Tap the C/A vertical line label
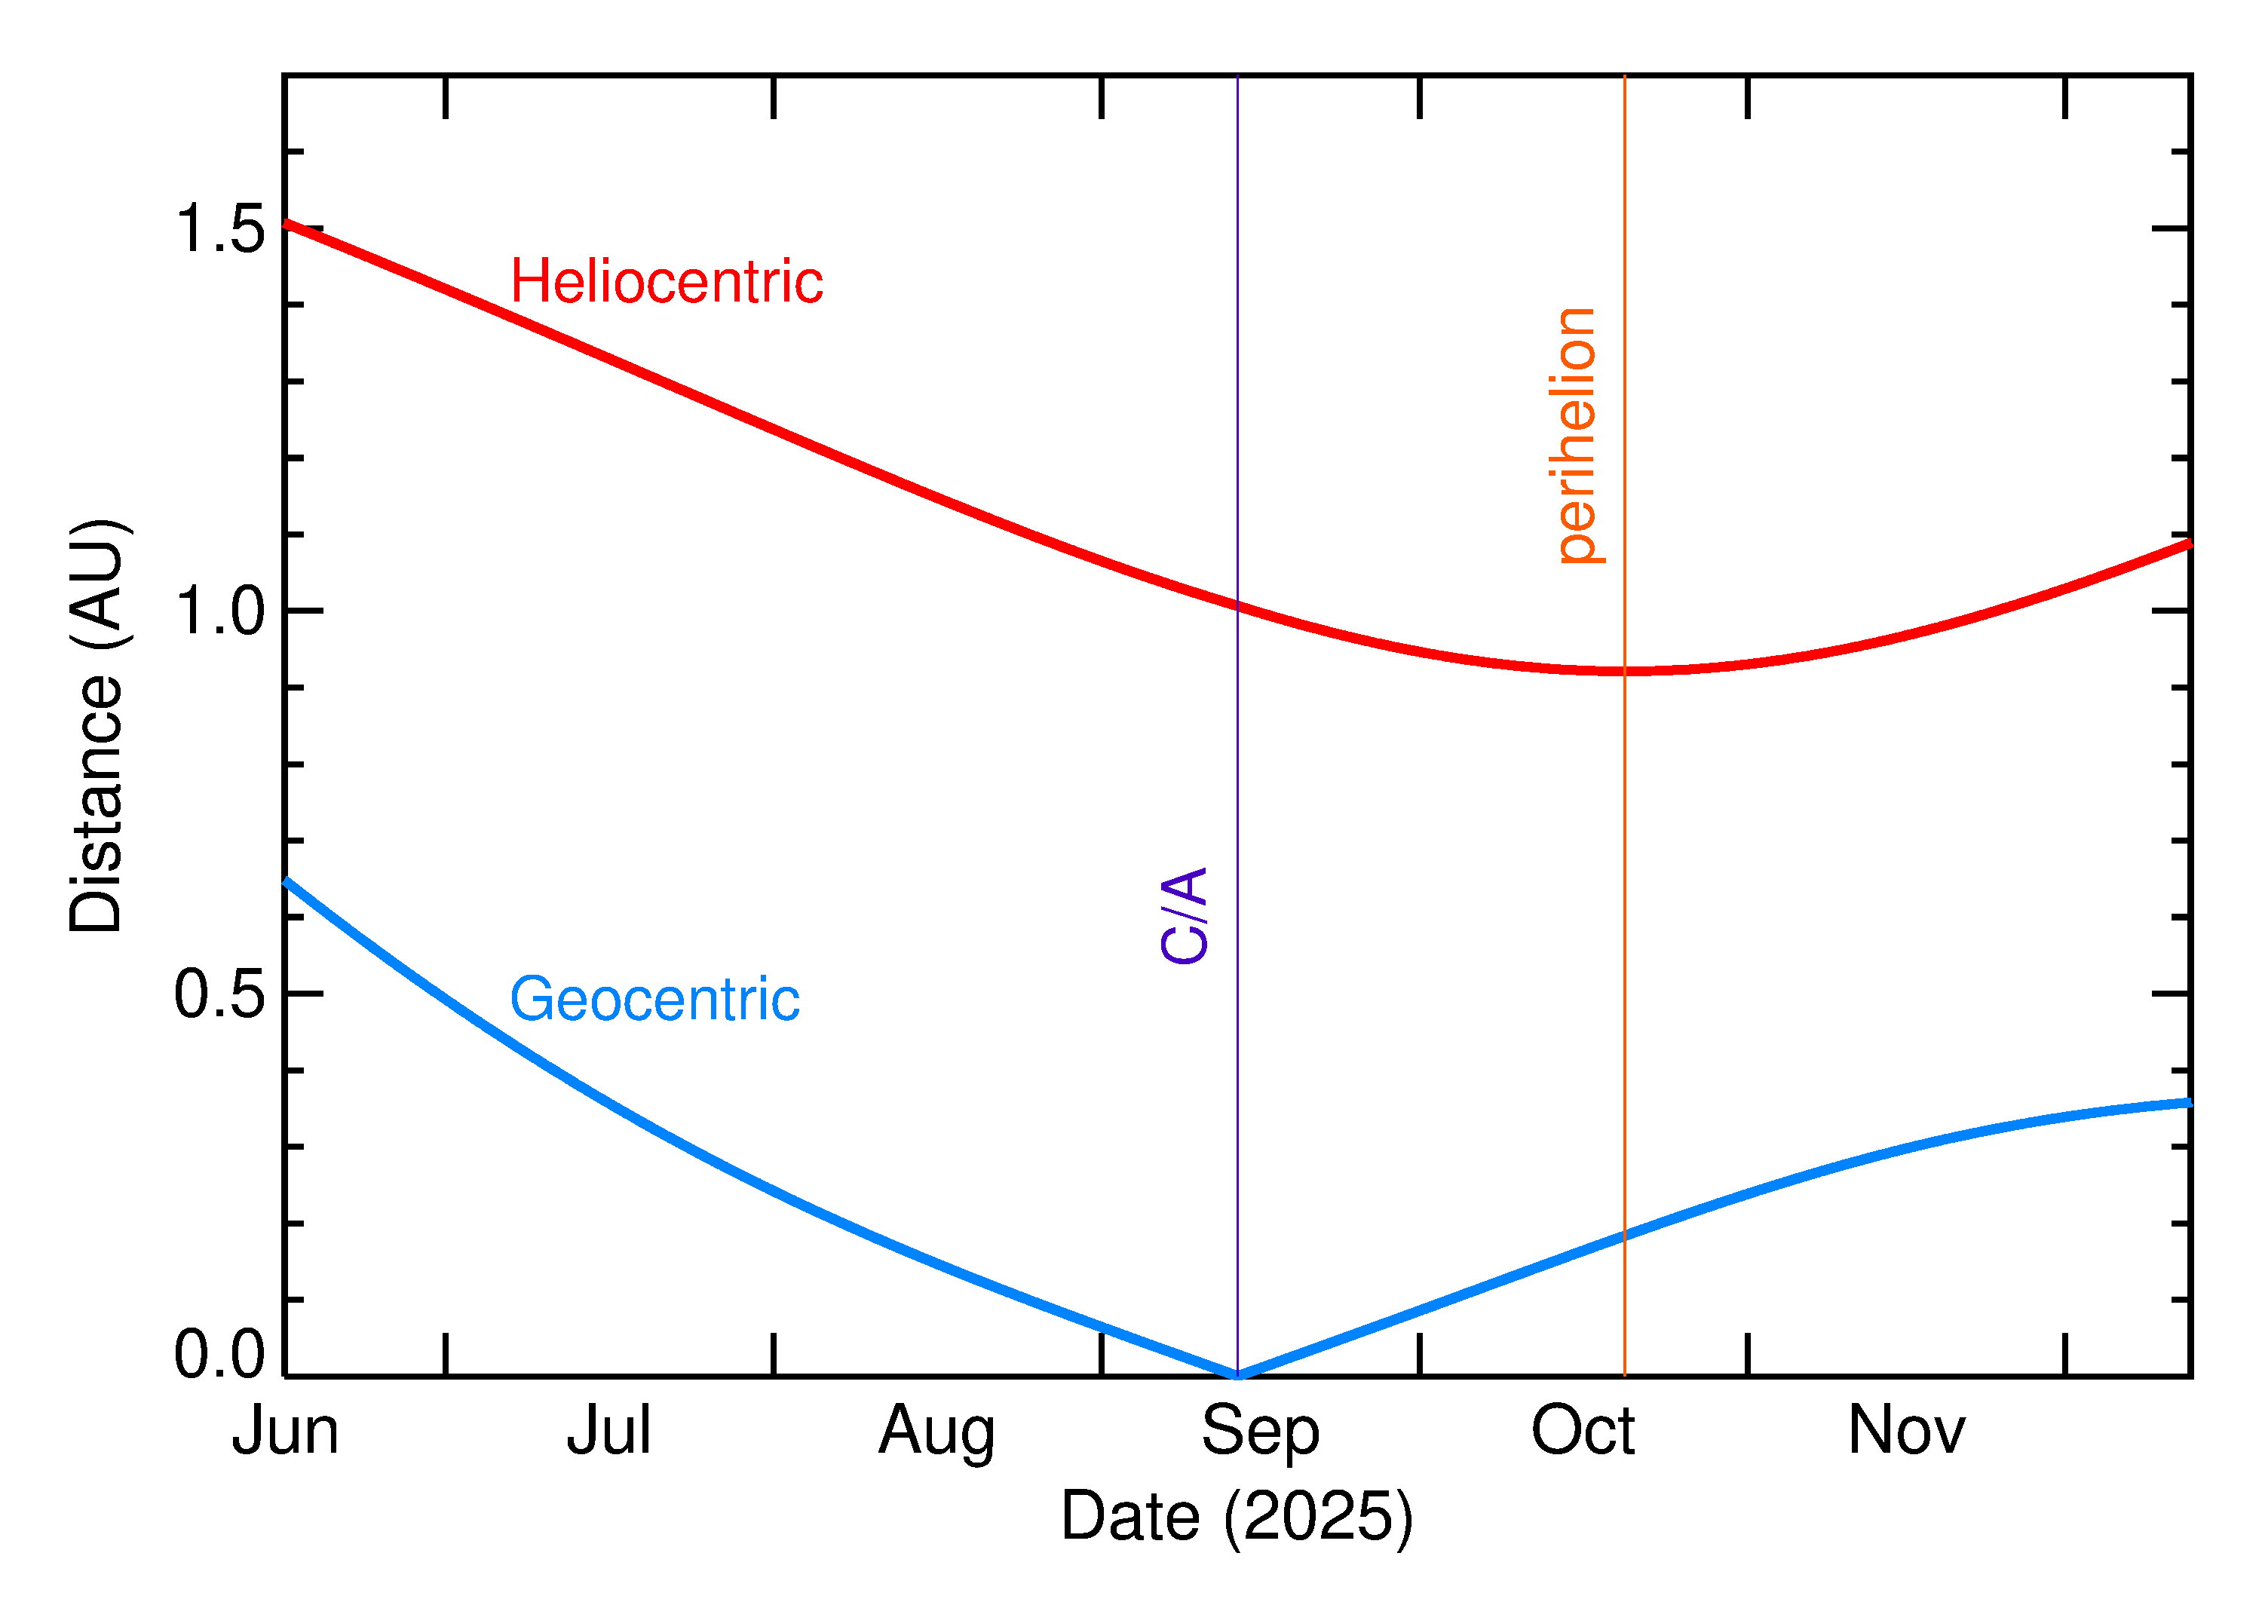click(x=1184, y=914)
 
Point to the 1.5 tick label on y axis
click(x=220, y=229)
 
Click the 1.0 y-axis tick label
click(x=220, y=611)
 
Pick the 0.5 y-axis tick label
click(x=220, y=994)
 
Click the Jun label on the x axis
click(x=285, y=1432)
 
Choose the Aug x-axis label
click(x=936, y=1432)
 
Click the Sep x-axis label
click(x=1260, y=1432)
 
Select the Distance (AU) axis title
click(x=97, y=725)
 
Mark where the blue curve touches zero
click(x=1237, y=1374)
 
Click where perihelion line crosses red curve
click(x=1624, y=671)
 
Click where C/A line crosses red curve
click(x=1237, y=605)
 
